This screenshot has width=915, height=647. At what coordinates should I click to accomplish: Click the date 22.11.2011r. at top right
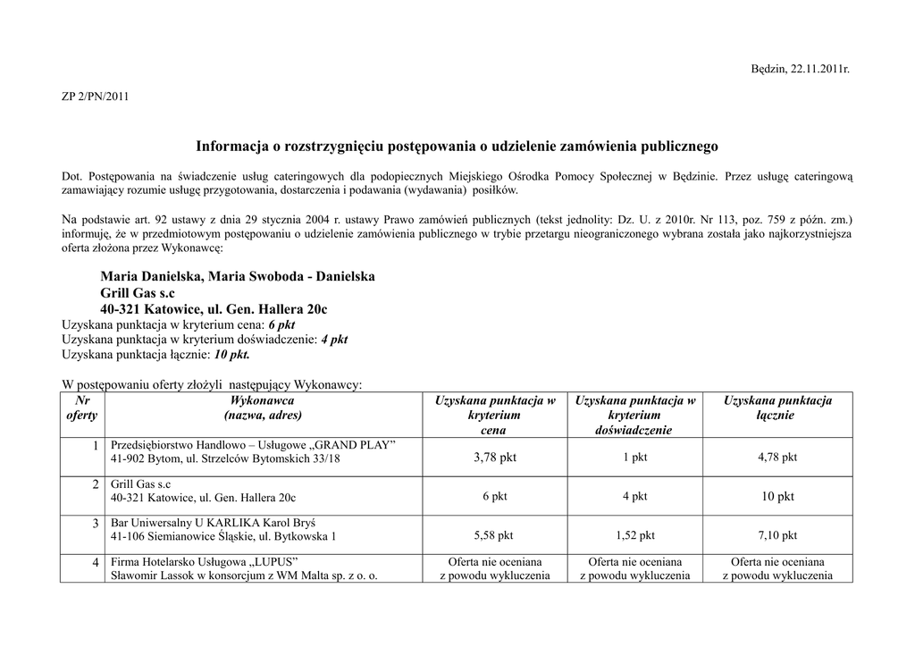coord(819,69)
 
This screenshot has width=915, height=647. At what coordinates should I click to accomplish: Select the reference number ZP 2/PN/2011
coord(95,97)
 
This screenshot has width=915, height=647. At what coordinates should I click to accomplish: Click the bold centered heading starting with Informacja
coord(457,145)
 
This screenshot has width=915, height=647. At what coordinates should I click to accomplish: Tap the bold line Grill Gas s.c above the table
coord(138,293)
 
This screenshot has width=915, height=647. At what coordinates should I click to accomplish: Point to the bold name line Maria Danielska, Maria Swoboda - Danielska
coord(238,276)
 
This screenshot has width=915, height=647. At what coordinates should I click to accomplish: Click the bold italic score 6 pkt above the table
coord(281,324)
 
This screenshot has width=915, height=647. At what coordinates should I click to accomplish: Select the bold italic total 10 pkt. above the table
coord(231,355)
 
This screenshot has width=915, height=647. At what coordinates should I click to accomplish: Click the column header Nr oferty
coord(81,408)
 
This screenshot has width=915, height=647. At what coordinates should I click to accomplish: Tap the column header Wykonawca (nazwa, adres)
coord(263,408)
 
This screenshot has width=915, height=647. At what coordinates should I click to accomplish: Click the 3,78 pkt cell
coord(494,458)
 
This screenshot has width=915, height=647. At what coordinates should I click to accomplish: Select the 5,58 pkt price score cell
coord(494,536)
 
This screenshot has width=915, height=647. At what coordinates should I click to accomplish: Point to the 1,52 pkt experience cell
coord(634,536)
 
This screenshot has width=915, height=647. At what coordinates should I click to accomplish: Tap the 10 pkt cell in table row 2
coord(777,497)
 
